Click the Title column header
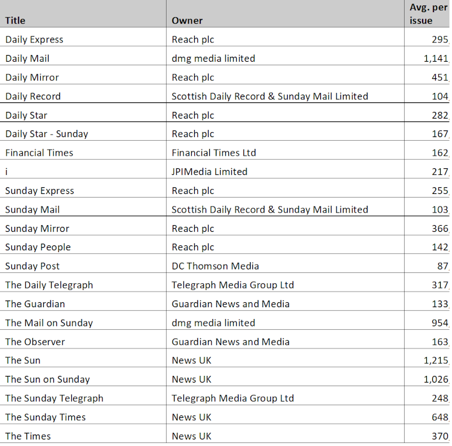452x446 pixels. pyautogui.click(x=16, y=20)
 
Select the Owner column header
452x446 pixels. pyautogui.click(x=187, y=20)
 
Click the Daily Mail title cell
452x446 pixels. pyautogui.click(x=28, y=59)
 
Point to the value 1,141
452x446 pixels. pyautogui.click(x=436, y=59)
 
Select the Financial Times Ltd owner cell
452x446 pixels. pyautogui.click(x=214, y=153)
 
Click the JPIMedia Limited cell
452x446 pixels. pyautogui.click(x=209, y=172)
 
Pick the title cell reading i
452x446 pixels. pyautogui.click(x=7, y=172)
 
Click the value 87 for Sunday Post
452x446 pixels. pyautogui.click(x=442, y=266)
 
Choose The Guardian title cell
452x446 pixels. pyautogui.click(x=35, y=304)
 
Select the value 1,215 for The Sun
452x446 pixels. pyautogui.click(x=436, y=360)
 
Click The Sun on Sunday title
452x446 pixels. pyautogui.click(x=48, y=380)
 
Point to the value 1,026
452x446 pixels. pyautogui.click(x=436, y=380)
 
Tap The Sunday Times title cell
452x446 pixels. pyautogui.click(x=46, y=417)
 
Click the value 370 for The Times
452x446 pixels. pyautogui.click(x=440, y=436)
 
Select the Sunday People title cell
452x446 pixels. pyautogui.click(x=38, y=247)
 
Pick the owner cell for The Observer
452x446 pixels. pyautogui.click(x=231, y=342)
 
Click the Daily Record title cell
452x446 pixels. pyautogui.click(x=33, y=96)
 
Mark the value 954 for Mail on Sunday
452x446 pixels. pyautogui.click(x=440, y=323)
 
